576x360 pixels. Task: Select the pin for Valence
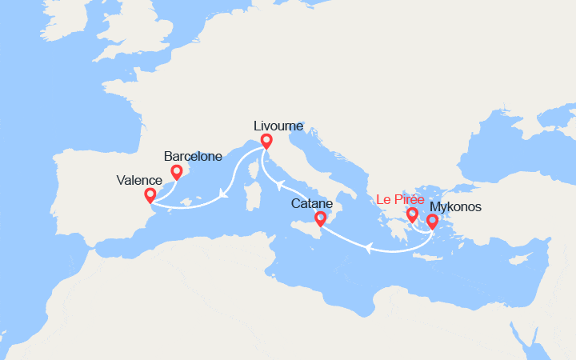pyautogui.click(x=150, y=195)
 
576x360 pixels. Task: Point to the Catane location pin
pyautogui.click(x=321, y=218)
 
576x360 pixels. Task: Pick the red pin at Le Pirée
pyautogui.click(x=413, y=214)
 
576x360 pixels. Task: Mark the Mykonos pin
pyautogui.click(x=433, y=221)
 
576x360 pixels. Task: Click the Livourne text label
pyautogui.click(x=278, y=126)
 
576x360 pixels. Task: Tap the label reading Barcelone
pyautogui.click(x=192, y=157)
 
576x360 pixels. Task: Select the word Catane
pyautogui.click(x=312, y=204)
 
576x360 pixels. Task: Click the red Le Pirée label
pyautogui.click(x=401, y=199)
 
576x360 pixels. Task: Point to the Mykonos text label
pyautogui.click(x=467, y=206)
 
